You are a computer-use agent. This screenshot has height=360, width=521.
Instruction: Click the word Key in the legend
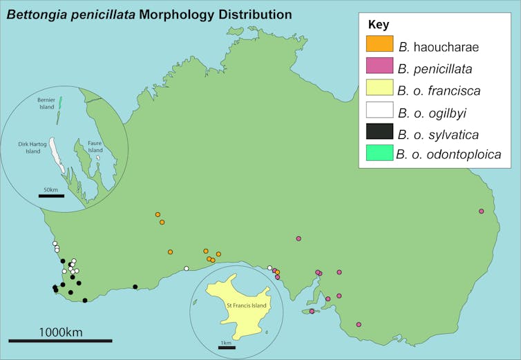tap(379, 24)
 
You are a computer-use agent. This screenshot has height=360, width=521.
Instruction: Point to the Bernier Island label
tap(46, 104)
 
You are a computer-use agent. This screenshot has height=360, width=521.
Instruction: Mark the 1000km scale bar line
tap(60, 341)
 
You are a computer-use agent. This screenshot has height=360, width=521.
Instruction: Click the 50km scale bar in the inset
tap(51, 196)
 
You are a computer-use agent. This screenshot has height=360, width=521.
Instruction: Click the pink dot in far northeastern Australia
tap(482, 211)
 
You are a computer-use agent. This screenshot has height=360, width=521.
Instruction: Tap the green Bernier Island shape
tap(60, 104)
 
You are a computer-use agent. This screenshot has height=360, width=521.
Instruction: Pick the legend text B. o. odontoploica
tap(448, 155)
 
